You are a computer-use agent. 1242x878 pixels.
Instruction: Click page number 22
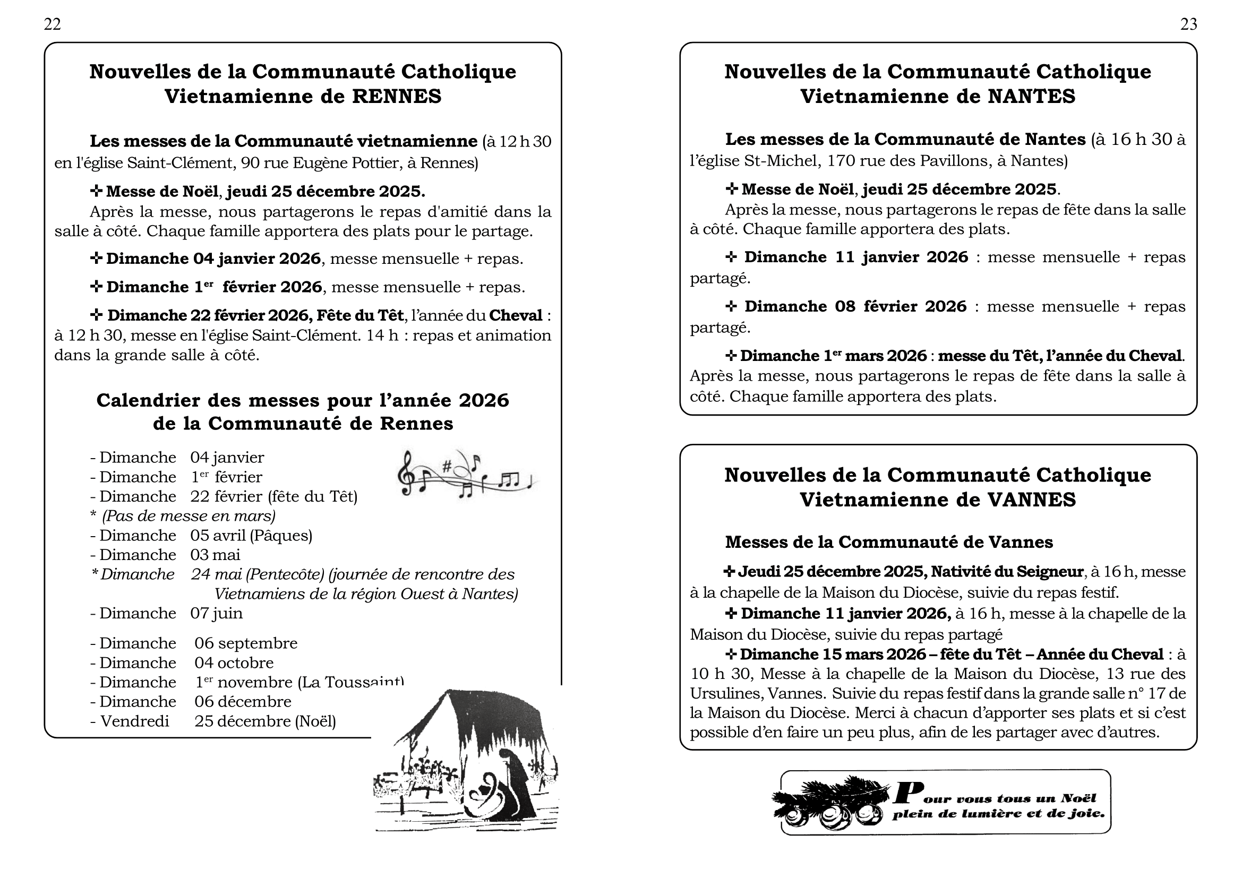click(x=53, y=24)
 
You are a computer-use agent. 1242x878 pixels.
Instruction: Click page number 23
click(x=1188, y=24)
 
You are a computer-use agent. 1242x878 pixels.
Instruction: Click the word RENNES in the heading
click(x=397, y=97)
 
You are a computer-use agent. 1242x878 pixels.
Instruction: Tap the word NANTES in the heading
click(x=1032, y=97)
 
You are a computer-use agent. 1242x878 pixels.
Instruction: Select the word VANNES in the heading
click(x=1032, y=500)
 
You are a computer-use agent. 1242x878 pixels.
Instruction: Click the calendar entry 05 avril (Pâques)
click(x=251, y=535)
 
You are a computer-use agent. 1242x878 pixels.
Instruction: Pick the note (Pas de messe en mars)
click(x=189, y=516)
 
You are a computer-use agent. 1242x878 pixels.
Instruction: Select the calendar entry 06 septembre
click(x=246, y=643)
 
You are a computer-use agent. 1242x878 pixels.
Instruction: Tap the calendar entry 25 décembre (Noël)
click(x=265, y=721)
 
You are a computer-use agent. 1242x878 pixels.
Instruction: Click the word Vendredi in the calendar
click(x=135, y=721)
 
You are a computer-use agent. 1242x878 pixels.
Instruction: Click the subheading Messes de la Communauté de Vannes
click(x=889, y=543)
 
